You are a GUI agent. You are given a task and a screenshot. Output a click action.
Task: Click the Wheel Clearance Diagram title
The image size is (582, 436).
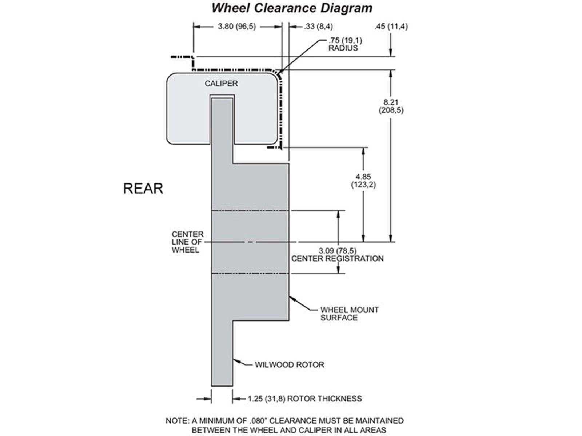[x=292, y=8]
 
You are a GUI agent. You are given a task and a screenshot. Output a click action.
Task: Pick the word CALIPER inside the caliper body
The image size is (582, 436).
[x=221, y=84]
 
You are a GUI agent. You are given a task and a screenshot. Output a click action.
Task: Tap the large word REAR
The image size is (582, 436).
[x=143, y=189]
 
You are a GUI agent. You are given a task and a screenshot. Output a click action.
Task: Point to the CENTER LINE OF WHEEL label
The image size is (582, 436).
[x=187, y=242]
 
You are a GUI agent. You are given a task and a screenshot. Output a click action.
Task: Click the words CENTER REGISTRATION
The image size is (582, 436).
[x=337, y=258]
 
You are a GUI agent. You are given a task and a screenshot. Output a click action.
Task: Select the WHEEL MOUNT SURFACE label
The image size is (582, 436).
[x=349, y=314]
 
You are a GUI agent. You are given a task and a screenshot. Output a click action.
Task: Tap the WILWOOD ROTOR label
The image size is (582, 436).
[x=289, y=364]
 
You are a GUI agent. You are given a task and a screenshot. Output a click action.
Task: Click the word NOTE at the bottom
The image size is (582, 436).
[x=177, y=421]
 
